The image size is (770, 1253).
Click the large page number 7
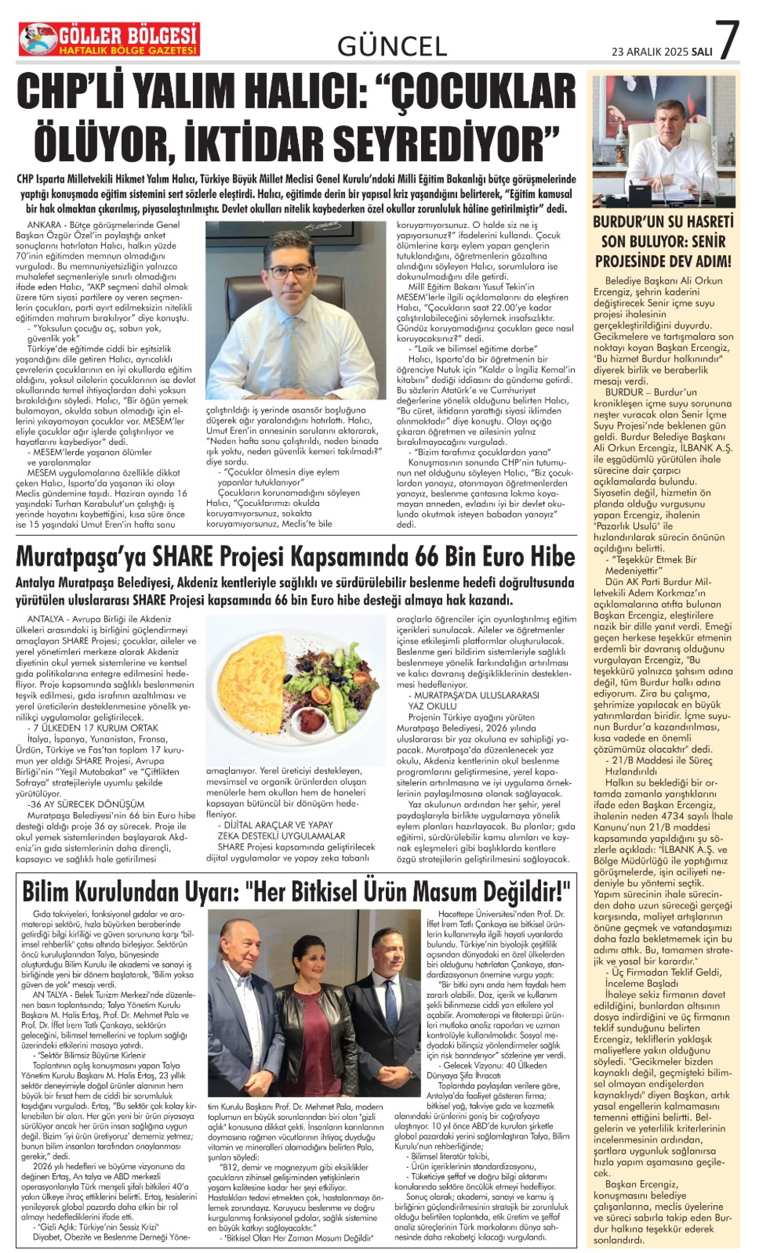(x=727, y=40)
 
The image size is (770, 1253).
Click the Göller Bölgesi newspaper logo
(x=109, y=39)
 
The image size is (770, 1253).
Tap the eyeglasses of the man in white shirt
(x=291, y=271)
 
